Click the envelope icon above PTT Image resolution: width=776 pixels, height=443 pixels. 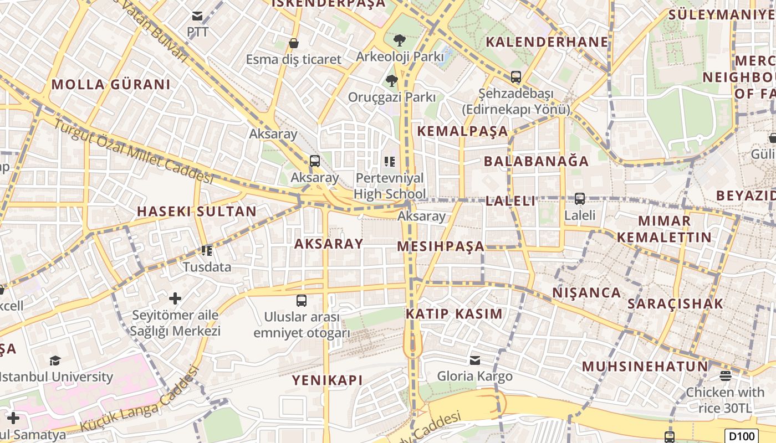click(x=197, y=16)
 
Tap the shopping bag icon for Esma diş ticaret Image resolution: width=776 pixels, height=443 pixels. click(x=294, y=43)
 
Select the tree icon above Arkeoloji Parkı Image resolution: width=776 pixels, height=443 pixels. click(x=399, y=40)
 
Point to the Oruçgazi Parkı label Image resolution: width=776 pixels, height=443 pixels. click(x=391, y=97)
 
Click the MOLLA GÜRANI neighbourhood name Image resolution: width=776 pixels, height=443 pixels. click(x=111, y=85)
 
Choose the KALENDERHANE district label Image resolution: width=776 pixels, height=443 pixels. click(x=547, y=42)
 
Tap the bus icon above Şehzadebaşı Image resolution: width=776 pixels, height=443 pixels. click(x=516, y=77)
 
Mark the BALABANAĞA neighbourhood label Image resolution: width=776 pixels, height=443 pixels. click(x=536, y=161)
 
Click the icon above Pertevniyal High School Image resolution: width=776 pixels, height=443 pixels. click(x=390, y=162)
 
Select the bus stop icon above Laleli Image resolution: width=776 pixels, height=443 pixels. click(x=580, y=198)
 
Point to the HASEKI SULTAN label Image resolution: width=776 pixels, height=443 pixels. click(x=197, y=211)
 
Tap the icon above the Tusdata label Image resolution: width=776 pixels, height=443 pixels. click(x=207, y=250)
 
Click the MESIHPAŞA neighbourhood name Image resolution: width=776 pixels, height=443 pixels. click(x=441, y=246)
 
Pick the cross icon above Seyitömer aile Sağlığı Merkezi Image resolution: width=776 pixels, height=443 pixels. click(x=175, y=299)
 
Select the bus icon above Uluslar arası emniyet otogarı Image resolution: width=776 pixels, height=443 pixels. click(x=302, y=301)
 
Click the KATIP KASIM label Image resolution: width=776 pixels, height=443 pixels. click(x=454, y=314)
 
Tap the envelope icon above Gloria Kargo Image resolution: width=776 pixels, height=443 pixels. click(x=475, y=360)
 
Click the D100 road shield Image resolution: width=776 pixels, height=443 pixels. click(x=742, y=436)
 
